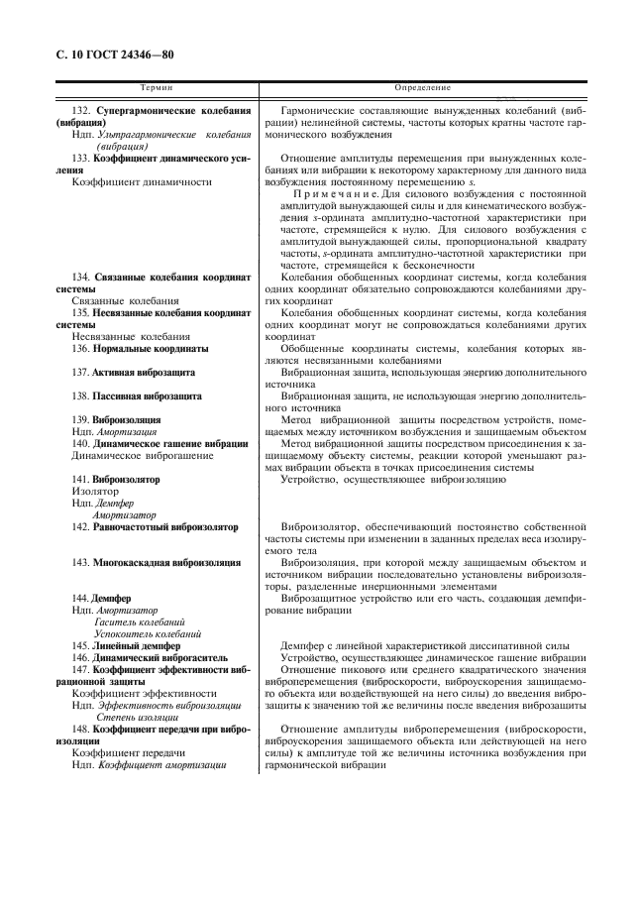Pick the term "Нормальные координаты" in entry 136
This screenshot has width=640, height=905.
pyautogui.click(x=153, y=349)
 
